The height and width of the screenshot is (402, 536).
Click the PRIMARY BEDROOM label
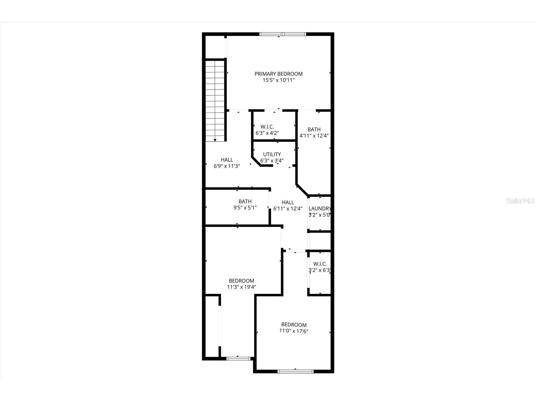(279, 74)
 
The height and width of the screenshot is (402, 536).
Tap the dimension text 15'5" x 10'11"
(279, 80)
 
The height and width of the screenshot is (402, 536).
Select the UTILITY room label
(272, 154)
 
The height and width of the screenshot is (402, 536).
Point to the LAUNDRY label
(320, 209)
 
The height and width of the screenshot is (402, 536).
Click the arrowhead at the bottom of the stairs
(215, 140)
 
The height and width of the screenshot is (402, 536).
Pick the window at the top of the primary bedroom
(283, 34)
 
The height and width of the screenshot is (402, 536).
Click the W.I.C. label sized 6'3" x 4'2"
(267, 127)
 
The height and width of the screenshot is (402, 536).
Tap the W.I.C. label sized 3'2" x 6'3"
(320, 264)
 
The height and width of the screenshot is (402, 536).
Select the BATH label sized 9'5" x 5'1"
(245, 201)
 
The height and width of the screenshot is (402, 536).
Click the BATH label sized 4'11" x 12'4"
(314, 129)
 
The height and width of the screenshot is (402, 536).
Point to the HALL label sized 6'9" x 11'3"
(227, 160)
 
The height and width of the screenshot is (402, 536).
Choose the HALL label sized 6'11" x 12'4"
(288, 202)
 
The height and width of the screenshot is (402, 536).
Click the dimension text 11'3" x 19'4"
(241, 287)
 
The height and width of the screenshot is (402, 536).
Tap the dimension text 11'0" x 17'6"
(294, 331)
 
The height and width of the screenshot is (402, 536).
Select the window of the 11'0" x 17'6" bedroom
(295, 371)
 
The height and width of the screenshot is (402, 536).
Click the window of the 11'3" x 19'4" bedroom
(238, 358)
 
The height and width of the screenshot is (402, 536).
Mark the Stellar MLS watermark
(520, 201)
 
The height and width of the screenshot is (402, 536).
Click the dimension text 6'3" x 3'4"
(272, 161)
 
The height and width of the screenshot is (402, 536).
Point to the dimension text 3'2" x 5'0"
(319, 215)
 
